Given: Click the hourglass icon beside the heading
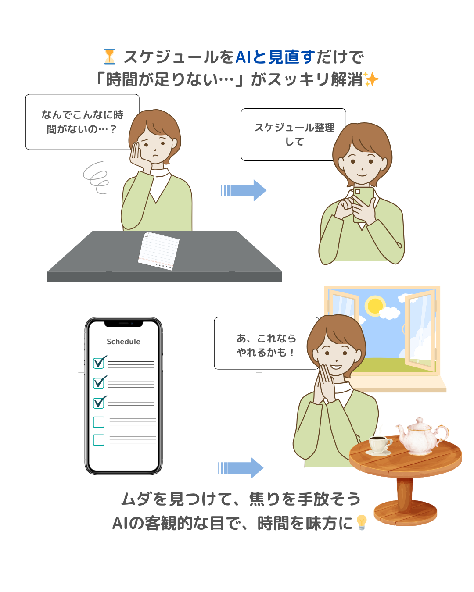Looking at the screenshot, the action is [109, 57].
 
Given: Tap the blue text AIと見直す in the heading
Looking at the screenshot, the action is [275, 57].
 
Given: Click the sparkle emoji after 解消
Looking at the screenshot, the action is [371, 79].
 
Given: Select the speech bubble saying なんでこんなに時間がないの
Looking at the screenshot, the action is [82, 122].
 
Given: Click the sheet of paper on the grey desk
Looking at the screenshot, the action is [158, 251].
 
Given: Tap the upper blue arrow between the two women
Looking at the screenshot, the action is [244, 190].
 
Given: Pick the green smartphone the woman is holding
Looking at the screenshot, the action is [363, 203].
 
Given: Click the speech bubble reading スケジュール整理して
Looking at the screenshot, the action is [293, 135].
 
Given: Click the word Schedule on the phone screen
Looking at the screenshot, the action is [123, 342].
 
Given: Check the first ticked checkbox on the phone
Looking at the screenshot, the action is [100, 362].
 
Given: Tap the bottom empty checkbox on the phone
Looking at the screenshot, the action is [99, 439].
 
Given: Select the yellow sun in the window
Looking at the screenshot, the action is [375, 306].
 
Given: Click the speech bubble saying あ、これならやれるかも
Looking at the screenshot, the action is [266, 343].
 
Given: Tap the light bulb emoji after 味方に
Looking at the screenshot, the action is [362, 522].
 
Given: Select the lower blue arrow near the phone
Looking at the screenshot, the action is [241, 467].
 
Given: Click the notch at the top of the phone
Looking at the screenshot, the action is [123, 324].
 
